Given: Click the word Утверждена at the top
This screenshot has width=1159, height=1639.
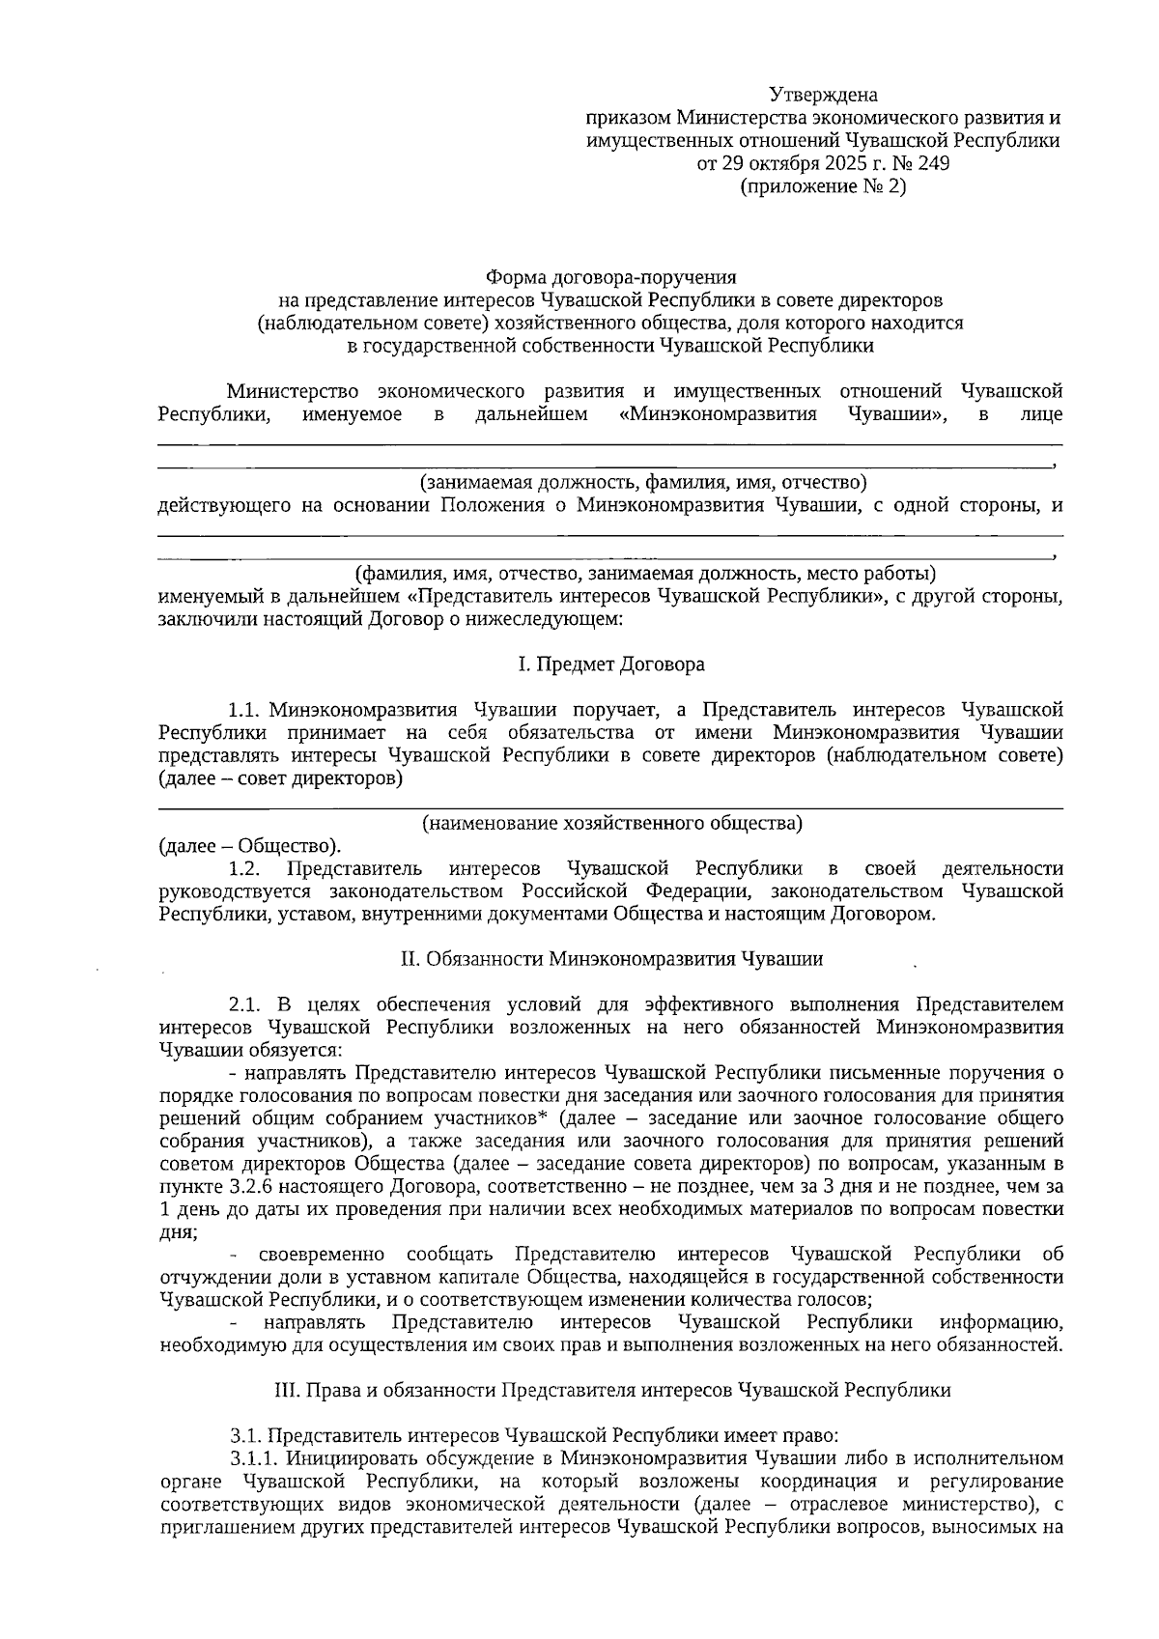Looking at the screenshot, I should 823,95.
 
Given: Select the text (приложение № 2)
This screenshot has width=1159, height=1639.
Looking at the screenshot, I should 823,187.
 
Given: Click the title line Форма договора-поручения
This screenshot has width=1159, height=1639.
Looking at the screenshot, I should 610,276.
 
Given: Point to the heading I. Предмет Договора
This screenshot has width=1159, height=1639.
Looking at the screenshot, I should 610,664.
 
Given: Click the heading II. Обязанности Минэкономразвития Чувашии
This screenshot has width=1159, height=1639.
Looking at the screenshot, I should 610,959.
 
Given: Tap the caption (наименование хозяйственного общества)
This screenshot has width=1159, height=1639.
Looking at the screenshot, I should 611,823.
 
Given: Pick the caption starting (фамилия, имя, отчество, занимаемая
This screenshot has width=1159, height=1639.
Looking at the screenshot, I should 644,574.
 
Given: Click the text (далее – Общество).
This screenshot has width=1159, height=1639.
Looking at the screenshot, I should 249,847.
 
